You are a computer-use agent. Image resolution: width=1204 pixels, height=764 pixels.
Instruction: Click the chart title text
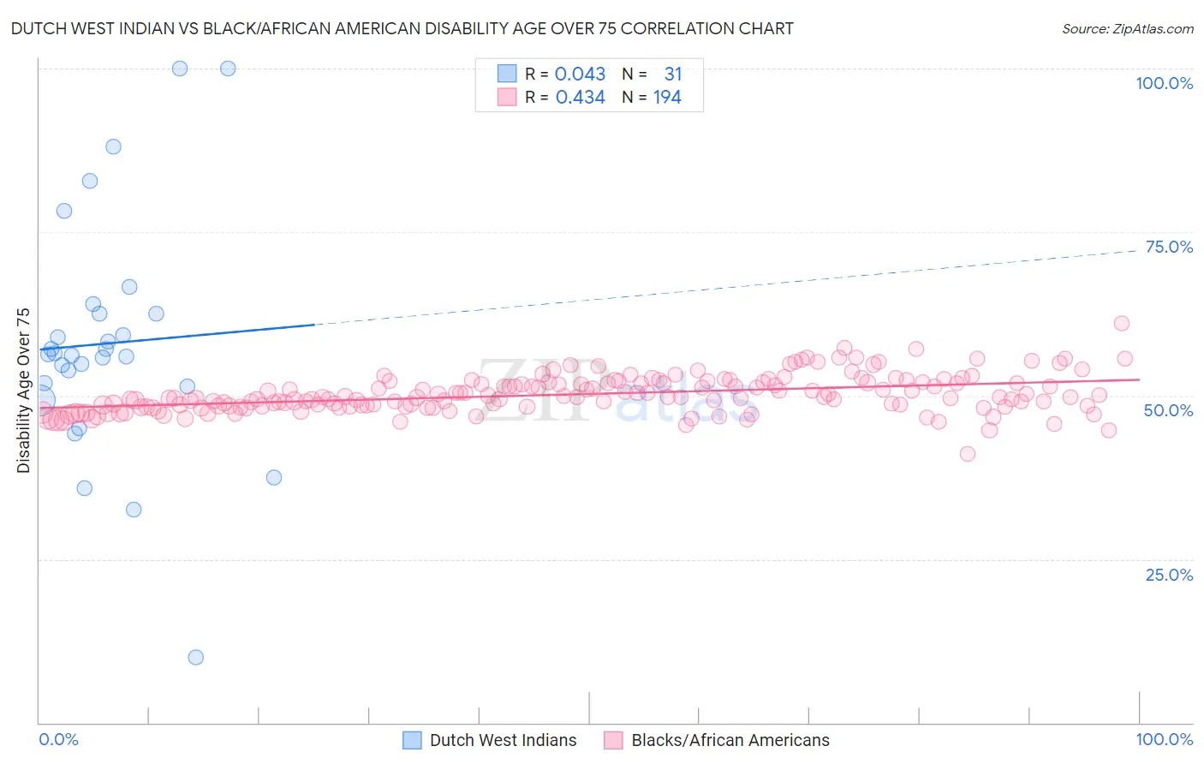[x=402, y=28]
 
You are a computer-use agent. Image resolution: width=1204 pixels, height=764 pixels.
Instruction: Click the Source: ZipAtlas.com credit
[x=1127, y=28]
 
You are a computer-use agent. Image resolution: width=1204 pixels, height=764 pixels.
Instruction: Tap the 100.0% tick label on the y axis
[x=1164, y=83]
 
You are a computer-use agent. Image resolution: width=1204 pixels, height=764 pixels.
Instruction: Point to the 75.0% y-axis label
[x=1169, y=247]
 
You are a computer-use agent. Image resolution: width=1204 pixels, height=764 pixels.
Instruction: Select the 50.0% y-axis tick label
[x=1168, y=410]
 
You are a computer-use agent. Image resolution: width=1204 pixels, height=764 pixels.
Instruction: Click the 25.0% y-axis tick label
[x=1169, y=575]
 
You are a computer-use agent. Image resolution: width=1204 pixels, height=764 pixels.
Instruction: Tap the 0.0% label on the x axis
[x=58, y=739]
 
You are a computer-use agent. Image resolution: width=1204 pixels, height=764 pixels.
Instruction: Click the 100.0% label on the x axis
[x=1164, y=739]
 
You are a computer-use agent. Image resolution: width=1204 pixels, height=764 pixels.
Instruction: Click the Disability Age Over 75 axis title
[x=23, y=391]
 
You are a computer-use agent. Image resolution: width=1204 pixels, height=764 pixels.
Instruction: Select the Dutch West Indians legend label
[x=503, y=740]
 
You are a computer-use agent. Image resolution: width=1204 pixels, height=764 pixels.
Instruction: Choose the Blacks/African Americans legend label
[x=730, y=740]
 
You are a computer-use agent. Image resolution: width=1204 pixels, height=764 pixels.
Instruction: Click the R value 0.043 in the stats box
[x=580, y=75]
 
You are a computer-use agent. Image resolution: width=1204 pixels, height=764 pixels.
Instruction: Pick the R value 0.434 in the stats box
[x=580, y=98]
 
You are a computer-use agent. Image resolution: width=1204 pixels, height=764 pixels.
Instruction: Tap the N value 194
[x=667, y=98]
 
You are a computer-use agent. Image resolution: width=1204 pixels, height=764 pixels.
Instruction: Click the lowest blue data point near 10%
[x=196, y=658]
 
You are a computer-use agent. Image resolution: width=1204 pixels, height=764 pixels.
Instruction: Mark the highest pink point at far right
[x=1122, y=323]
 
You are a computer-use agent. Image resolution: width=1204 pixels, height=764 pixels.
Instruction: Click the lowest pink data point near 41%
[x=968, y=454]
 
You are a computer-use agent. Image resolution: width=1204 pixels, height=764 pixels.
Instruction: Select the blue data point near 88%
[x=113, y=146]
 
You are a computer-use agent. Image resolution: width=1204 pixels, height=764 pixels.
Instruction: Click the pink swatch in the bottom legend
[x=612, y=740]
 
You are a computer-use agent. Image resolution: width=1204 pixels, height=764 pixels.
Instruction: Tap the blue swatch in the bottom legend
[x=412, y=740]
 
